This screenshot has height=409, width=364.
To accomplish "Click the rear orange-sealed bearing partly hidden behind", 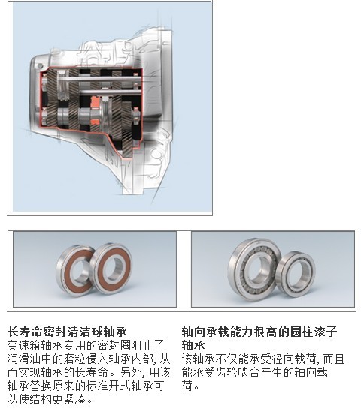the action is click(x=63, y=271).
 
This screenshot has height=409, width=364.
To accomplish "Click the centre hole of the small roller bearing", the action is click(x=296, y=275).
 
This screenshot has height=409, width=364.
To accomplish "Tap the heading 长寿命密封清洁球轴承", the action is click(x=67, y=332).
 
